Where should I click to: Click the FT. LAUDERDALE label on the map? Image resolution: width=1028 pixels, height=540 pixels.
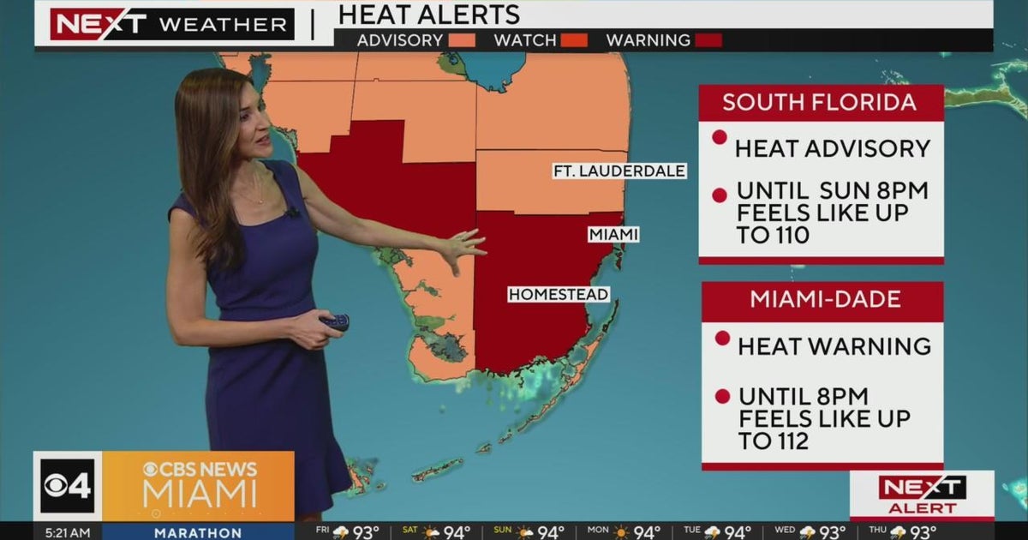619,171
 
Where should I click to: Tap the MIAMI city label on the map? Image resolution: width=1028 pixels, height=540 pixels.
613,234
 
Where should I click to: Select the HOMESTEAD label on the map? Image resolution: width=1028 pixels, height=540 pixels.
559,295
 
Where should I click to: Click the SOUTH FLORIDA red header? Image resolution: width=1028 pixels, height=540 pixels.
820,103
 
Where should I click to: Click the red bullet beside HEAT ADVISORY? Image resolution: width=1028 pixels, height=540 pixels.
720,137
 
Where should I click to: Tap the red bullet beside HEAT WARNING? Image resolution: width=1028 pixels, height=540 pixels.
722,338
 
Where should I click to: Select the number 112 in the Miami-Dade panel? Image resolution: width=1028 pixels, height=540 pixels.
785,441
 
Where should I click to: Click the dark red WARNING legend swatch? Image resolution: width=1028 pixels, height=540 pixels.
708,40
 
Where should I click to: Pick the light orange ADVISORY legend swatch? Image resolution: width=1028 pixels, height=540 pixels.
461,40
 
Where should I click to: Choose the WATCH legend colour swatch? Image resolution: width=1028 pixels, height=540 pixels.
574,40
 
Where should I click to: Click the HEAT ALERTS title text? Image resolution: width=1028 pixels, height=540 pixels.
429,15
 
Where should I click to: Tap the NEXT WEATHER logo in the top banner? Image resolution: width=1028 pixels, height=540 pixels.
171,24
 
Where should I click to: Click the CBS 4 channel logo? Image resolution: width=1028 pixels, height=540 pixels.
68,486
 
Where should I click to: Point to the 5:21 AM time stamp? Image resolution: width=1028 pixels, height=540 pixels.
68,532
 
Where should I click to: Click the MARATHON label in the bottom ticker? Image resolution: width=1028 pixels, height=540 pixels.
198,532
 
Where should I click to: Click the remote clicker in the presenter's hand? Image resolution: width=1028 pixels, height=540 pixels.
336,322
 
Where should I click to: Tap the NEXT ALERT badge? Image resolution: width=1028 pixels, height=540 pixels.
922,495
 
